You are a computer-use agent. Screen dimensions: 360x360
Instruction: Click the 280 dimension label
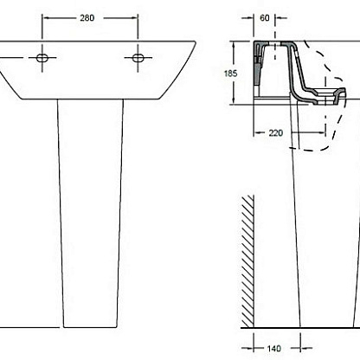pyautogui.click(x=87, y=18)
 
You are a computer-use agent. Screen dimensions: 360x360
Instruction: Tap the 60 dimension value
pyautogui.click(x=265, y=18)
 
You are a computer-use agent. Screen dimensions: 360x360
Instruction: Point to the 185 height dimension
pyautogui.click(x=230, y=74)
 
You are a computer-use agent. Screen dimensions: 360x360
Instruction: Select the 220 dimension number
pyautogui.click(x=276, y=133)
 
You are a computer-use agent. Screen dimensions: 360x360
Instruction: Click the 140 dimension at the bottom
pyautogui.click(x=273, y=349)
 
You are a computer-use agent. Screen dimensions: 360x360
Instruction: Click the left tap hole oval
pyautogui.click(x=42, y=58)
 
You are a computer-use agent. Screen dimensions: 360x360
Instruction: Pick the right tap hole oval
pyautogui.click(x=138, y=58)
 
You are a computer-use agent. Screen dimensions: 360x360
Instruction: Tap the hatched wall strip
pyautogui.click(x=247, y=261)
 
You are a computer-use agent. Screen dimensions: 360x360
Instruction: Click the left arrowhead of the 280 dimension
pyautogui.click(x=46, y=18)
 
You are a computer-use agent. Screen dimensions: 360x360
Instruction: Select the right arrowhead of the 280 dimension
pyautogui.click(x=134, y=18)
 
